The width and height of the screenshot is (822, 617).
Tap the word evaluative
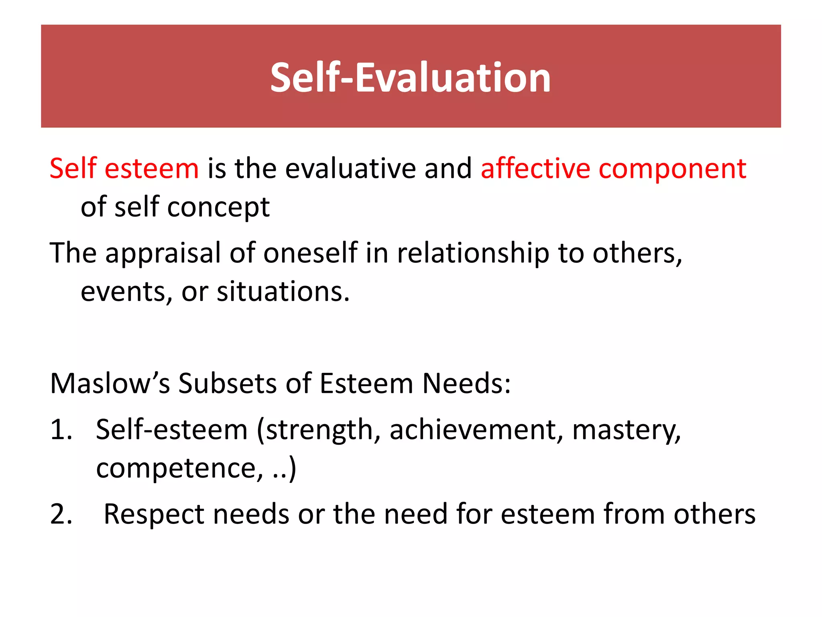(350, 168)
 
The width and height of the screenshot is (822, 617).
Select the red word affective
(535, 168)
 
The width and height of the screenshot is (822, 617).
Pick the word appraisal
(163, 254)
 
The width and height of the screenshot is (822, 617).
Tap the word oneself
(310, 253)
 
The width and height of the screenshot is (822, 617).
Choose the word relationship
(473, 254)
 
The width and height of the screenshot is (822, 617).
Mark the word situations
(283, 292)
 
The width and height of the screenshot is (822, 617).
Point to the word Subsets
(228, 383)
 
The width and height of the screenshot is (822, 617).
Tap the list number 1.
(60, 430)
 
